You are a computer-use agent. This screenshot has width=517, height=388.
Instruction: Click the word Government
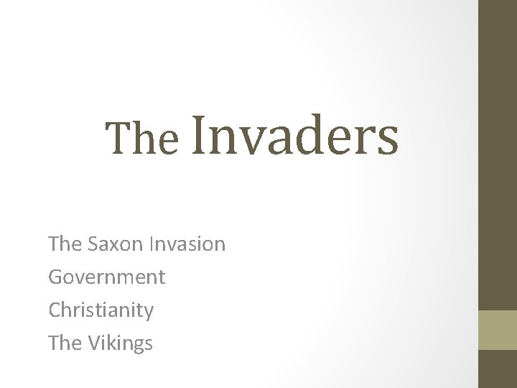(x=106, y=277)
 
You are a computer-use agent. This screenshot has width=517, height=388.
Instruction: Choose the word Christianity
(x=101, y=310)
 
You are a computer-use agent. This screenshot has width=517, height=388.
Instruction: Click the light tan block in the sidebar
(x=497, y=330)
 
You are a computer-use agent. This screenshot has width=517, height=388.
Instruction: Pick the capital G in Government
(x=55, y=277)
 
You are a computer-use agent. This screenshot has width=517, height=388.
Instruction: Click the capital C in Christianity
(x=55, y=310)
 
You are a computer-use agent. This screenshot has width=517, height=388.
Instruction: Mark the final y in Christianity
(x=148, y=313)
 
